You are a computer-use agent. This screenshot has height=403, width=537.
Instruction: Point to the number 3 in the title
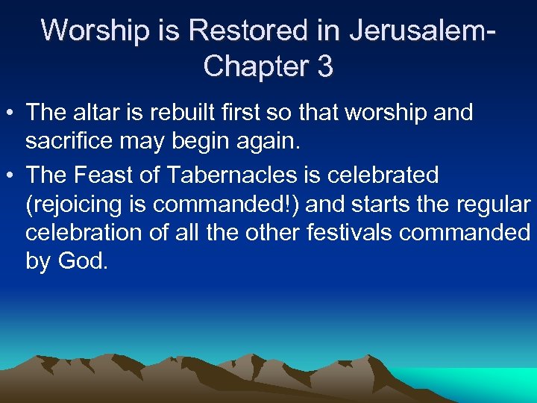pyautogui.click(x=324, y=66)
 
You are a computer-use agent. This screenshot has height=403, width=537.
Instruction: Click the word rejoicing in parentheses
pyautogui.click(x=75, y=204)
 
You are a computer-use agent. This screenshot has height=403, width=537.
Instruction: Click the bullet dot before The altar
pyautogui.click(x=10, y=113)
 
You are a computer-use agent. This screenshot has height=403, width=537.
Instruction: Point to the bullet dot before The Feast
pyautogui.click(x=10, y=176)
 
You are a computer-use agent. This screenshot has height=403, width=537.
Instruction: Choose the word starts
pyautogui.click(x=384, y=204)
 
